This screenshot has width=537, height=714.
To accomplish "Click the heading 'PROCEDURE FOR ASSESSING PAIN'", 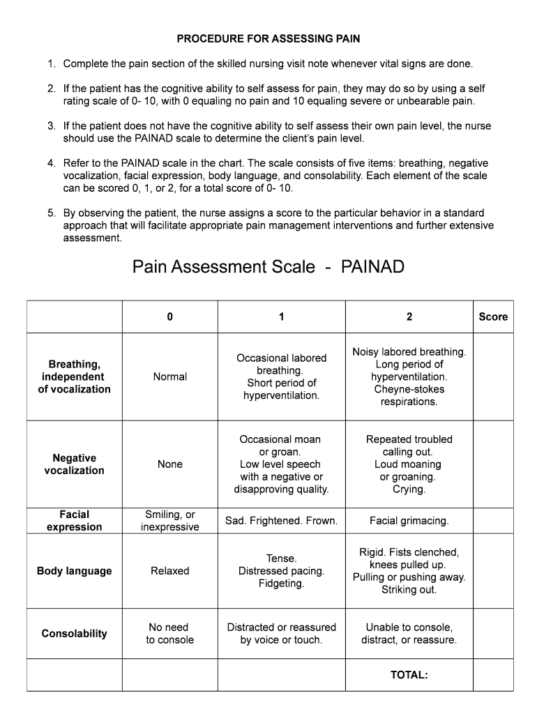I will click(268, 38).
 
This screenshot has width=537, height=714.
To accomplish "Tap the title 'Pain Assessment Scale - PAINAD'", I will click(268, 267).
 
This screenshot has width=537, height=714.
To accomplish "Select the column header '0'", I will click(169, 317).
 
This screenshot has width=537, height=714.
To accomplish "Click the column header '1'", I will click(281, 317).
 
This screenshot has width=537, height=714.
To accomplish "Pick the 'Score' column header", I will click(493, 317).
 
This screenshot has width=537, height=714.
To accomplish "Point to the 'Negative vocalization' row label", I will click(74, 464).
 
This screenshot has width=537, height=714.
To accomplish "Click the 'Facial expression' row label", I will click(74, 521).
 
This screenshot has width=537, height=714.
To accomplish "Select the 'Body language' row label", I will click(74, 571).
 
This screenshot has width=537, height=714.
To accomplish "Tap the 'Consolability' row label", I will click(74, 634).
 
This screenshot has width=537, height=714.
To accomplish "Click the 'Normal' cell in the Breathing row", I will click(169, 377).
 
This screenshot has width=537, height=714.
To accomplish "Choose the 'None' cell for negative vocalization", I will click(169, 464).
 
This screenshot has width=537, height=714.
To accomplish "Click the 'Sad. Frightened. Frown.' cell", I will click(281, 521).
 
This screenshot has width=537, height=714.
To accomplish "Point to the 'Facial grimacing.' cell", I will click(409, 521).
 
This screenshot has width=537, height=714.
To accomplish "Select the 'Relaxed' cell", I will click(169, 571).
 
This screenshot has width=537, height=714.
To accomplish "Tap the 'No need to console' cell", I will click(169, 634).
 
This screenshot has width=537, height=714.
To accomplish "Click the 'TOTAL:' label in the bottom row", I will click(409, 675).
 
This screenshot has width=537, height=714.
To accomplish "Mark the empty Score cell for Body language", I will click(493, 571).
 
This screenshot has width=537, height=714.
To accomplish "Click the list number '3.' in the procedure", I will click(52, 126).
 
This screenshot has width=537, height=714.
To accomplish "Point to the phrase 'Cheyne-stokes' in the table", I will click(409, 390).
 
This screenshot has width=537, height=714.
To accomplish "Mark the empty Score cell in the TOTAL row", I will click(493, 675).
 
